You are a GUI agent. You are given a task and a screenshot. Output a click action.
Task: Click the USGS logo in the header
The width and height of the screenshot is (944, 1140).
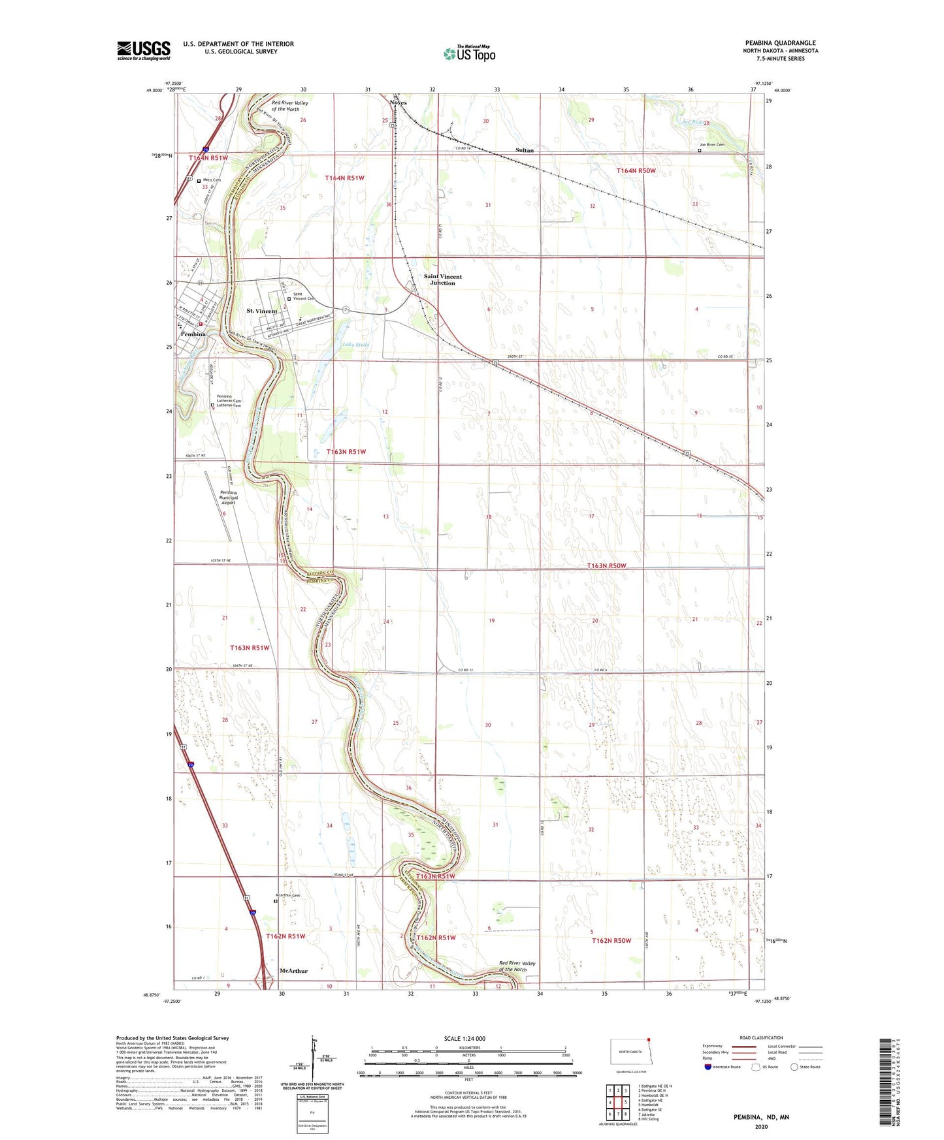click(x=144, y=50)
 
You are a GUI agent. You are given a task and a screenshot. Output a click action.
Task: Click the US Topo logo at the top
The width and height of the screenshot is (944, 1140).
click(x=470, y=54)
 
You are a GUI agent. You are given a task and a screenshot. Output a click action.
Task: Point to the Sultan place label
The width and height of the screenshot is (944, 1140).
click(x=524, y=150)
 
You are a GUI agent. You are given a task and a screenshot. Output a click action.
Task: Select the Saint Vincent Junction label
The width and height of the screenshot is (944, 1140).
click(x=442, y=279)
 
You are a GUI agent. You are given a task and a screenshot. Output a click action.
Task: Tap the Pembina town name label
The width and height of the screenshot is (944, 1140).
click(x=193, y=334)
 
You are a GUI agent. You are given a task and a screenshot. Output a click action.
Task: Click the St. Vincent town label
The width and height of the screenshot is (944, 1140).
click(x=261, y=311)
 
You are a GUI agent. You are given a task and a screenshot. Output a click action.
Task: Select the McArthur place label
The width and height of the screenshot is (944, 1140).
click(x=293, y=970)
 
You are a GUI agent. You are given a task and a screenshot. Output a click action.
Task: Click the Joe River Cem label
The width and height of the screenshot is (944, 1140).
click(x=711, y=145)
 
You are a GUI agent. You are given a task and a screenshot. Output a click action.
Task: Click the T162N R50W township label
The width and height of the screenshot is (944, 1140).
click(x=611, y=940)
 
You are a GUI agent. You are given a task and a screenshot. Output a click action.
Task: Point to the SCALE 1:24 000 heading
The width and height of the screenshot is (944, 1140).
click(x=464, y=1038)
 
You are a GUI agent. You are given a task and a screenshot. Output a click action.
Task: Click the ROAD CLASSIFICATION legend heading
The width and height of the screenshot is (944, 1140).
click(x=761, y=1037)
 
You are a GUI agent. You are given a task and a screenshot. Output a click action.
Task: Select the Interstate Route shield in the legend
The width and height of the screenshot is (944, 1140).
click(x=709, y=1068)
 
